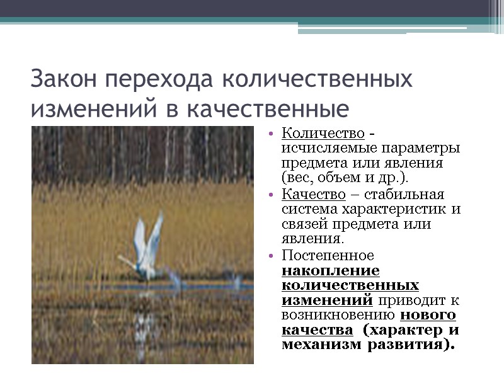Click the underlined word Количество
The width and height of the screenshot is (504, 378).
(x=323, y=134)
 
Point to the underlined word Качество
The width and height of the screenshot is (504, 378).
(x=314, y=194)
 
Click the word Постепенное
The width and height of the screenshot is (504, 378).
(x=328, y=255)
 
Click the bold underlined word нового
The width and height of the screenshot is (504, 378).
(x=428, y=316)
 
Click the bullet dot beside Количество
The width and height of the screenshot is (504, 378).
(x=270, y=134)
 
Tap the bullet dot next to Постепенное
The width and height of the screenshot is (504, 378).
(x=270, y=256)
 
